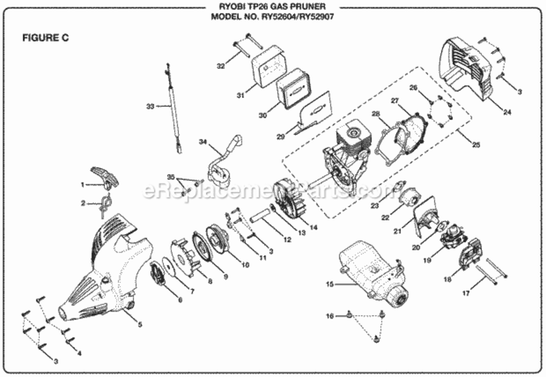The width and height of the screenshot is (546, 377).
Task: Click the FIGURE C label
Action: (x=45, y=38)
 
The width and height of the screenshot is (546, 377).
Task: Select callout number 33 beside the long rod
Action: (x=149, y=106)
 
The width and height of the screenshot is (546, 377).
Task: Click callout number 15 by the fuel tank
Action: (x=330, y=285)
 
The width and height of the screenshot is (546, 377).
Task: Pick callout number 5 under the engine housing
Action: (x=140, y=324)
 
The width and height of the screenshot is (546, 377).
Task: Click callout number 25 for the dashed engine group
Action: (x=476, y=145)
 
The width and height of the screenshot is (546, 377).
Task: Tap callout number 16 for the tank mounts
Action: (x=330, y=316)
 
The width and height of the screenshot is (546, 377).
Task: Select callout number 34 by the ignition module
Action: (x=203, y=142)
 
